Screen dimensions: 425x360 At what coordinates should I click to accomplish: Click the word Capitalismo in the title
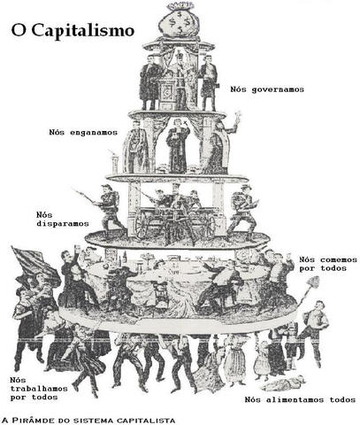coord(85,30)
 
